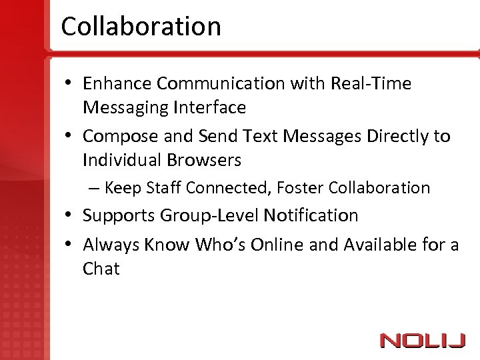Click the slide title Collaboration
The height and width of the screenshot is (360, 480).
[x=141, y=27]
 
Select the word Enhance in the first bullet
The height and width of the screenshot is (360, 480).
[x=117, y=83]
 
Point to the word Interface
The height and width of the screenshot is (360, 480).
[x=209, y=107]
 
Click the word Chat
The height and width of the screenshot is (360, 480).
[x=101, y=269]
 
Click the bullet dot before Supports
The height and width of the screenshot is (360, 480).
[x=69, y=216]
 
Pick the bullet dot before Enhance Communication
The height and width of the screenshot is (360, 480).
[x=69, y=84]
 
